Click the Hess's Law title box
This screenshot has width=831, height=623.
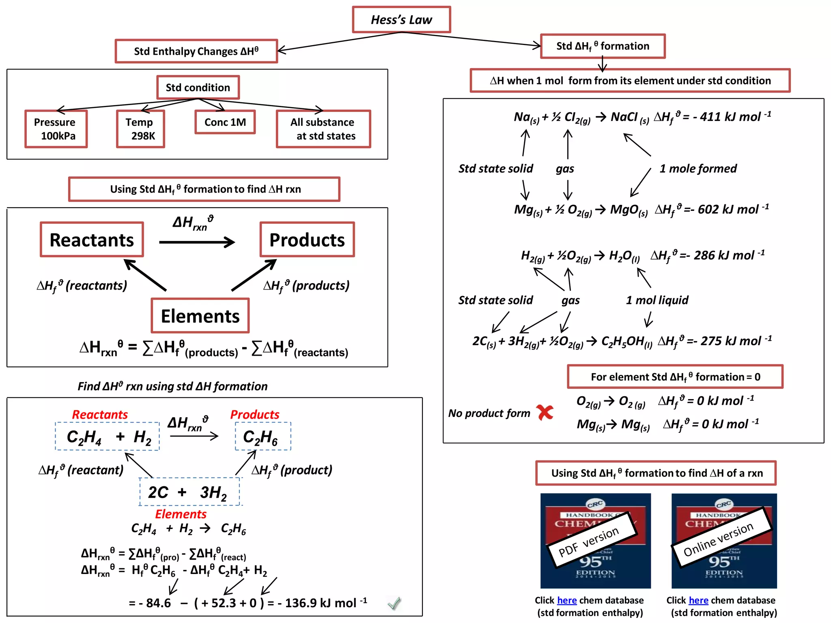[x=401, y=19]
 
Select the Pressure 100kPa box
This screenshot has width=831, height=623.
[x=56, y=129]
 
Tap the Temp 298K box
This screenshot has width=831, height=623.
[x=140, y=129]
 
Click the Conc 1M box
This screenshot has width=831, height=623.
[x=225, y=122]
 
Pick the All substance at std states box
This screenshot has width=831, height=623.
[x=323, y=129]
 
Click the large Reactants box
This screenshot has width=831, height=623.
[x=92, y=240]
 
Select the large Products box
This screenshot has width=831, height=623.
[x=307, y=240]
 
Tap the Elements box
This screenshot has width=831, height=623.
[x=200, y=316]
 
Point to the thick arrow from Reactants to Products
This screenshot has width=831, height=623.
[x=197, y=243]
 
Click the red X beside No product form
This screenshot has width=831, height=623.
[x=545, y=412]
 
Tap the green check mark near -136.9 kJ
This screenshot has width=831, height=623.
[x=394, y=604]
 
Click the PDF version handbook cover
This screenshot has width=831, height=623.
[x=595, y=541]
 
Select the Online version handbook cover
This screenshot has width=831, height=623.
[x=724, y=541]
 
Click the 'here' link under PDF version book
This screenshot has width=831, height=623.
[x=567, y=600]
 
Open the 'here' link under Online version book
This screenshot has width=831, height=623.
[x=698, y=600]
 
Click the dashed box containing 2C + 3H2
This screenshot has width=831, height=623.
[x=189, y=492]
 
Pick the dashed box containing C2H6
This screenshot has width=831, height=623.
[x=263, y=436]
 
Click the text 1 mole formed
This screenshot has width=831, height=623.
[x=698, y=168]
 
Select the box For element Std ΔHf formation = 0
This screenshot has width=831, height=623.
[x=675, y=377]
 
